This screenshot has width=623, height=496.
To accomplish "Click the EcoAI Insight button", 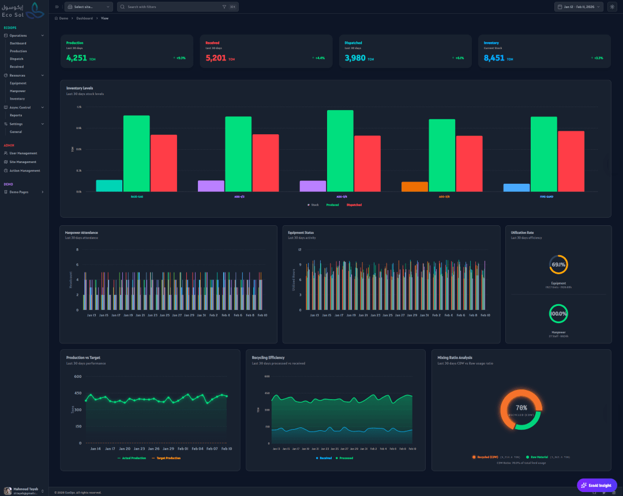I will [x=596, y=485].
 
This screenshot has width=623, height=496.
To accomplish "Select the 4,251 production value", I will [x=77, y=58].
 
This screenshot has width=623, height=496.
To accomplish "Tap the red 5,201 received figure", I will [x=216, y=58].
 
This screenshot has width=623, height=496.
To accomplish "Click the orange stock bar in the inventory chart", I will [x=415, y=187].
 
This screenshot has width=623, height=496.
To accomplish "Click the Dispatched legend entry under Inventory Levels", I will [x=354, y=205].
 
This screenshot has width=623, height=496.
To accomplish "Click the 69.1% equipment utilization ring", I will [x=558, y=264].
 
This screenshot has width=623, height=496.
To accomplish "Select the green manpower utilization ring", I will [x=558, y=314].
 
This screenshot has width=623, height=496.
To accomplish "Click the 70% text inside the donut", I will [x=521, y=408].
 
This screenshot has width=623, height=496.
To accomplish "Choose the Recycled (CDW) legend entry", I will [x=486, y=457].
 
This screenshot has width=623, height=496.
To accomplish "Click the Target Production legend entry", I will [x=166, y=458].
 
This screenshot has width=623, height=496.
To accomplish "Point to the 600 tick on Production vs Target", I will [x=78, y=377].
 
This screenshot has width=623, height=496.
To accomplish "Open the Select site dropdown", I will [x=89, y=7].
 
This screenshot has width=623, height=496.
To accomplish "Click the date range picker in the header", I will [x=579, y=7].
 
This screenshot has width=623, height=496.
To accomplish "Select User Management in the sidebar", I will [x=23, y=153].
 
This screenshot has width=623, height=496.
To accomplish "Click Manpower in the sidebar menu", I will [x=17, y=91].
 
